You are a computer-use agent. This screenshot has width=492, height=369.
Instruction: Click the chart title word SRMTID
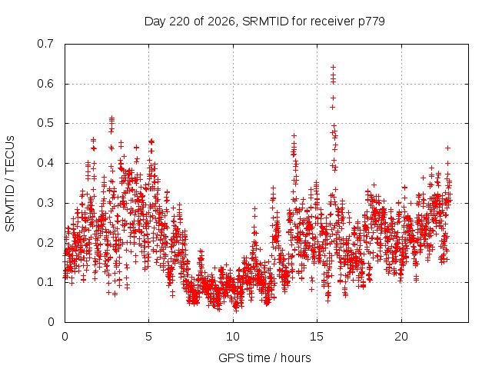point(265,22)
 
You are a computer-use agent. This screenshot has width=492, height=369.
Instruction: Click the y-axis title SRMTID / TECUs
point(10,184)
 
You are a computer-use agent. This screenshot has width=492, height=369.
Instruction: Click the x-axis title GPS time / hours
point(264,357)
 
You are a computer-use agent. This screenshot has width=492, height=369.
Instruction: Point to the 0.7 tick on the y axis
point(45,44)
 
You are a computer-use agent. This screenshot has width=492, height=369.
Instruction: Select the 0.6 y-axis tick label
point(45,84)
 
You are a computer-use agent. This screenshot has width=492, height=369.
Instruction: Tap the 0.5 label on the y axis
point(45,123)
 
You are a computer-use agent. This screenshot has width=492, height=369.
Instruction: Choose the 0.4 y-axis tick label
point(45,163)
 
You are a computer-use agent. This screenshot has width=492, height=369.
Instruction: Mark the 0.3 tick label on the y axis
point(45,203)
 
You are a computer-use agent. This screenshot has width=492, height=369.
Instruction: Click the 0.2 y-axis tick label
point(45,243)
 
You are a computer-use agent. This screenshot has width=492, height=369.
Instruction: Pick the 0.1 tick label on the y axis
point(45,282)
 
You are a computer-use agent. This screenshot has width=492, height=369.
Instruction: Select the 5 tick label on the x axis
point(148,337)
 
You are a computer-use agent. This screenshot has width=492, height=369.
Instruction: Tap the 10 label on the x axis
point(233,337)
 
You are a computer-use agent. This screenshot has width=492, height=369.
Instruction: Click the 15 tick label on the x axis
point(317,337)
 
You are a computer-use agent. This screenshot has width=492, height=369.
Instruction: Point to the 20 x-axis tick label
point(401,337)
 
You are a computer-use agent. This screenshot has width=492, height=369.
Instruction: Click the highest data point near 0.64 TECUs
point(333,67)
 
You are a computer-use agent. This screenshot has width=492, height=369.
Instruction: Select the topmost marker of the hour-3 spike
point(111,118)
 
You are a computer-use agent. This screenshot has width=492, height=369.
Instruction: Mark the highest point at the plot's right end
point(448,148)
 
